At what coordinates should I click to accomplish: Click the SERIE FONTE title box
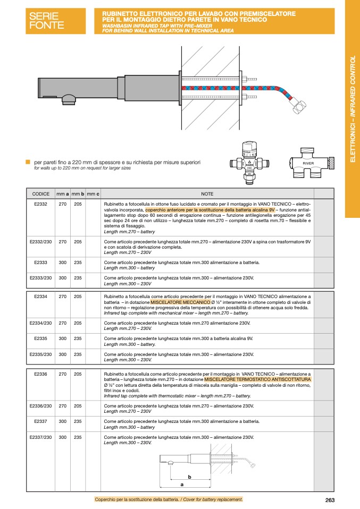click(55, 21)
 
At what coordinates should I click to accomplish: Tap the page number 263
click(330, 499)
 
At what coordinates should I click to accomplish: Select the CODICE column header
click(41, 194)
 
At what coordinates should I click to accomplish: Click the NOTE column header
click(207, 194)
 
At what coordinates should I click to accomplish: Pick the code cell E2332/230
click(41, 242)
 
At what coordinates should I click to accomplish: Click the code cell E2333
click(41, 262)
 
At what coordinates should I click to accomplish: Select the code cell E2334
click(41, 296)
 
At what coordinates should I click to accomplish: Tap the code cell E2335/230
click(41, 354)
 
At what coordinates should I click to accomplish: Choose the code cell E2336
click(41, 374)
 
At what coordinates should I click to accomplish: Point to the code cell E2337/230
click(41, 437)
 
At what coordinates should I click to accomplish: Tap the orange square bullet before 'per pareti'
click(28, 162)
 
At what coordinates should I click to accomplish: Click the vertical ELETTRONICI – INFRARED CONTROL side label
click(352, 109)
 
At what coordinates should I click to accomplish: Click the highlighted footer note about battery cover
click(169, 499)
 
